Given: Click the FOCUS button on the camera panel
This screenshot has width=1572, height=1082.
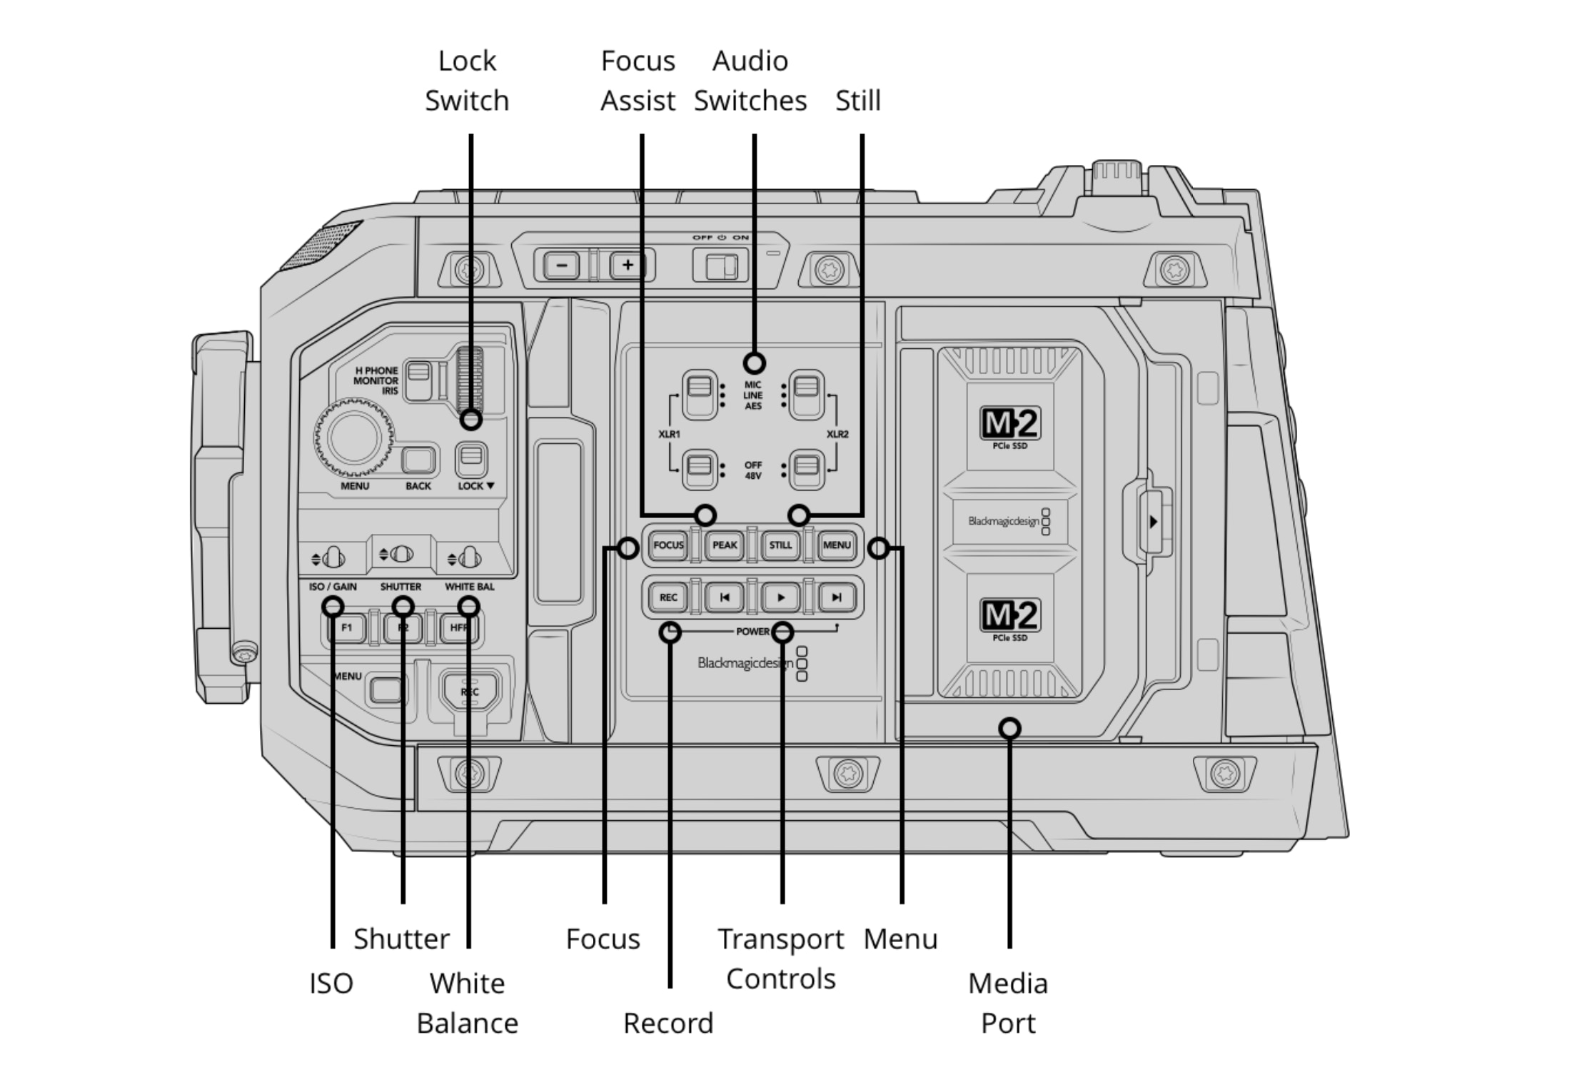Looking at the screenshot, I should pos(668,545).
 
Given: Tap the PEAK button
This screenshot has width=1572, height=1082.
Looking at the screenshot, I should pos(724,545).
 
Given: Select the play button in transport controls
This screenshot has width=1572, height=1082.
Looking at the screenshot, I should pos(780,597).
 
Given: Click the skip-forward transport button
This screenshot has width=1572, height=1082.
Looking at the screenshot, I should pos(836,597).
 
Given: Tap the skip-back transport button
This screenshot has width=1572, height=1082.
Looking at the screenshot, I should pos(724,597).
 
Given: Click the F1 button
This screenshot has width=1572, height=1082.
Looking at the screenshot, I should pos(347,628).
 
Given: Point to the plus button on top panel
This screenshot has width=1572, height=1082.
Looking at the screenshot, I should pos(627,266).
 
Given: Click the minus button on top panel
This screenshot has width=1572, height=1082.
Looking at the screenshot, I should pos(562,266).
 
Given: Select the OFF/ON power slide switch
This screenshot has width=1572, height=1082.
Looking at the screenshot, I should pos(720,266).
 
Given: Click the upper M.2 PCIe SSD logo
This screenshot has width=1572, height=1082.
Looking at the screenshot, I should pos(1009,426).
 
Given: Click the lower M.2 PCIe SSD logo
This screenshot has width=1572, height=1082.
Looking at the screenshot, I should pos(1009,618).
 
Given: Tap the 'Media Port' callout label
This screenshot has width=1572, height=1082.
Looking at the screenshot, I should pos(1007,1003).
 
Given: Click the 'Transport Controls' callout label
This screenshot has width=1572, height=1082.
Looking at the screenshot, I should pos(780,959).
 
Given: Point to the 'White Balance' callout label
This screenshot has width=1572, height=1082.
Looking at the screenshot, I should pos(467,1003).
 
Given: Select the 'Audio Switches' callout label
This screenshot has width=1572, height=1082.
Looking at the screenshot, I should pos(750,81).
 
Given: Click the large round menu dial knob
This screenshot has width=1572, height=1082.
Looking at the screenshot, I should pos(354,438).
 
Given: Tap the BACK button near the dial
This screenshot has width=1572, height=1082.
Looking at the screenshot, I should pos(418,460).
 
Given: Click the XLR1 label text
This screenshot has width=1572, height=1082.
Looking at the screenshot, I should pos(669,434).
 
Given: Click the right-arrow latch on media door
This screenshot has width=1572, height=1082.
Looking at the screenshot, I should pos(1152,522).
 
